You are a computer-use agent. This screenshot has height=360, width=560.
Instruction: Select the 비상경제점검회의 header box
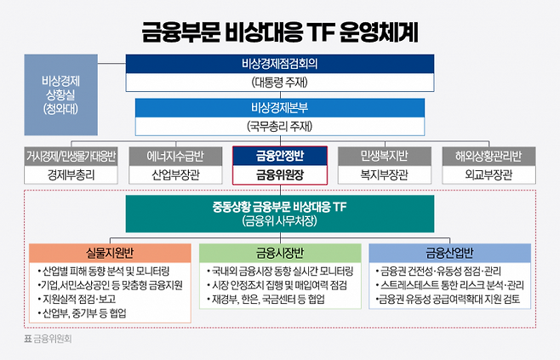point(279,65)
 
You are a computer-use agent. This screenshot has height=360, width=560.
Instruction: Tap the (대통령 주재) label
point(279,83)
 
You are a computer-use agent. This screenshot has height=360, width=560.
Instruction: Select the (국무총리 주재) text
point(279,127)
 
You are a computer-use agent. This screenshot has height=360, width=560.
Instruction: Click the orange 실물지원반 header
point(110,253)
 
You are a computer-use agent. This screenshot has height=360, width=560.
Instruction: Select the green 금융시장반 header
point(279,253)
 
